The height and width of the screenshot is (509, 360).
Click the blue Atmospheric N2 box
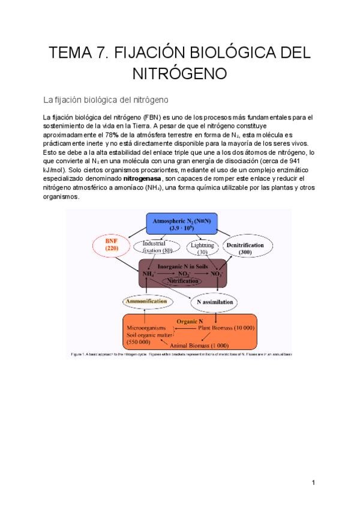[x=189, y=225]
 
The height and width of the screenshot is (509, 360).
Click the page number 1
[x=313, y=482]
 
